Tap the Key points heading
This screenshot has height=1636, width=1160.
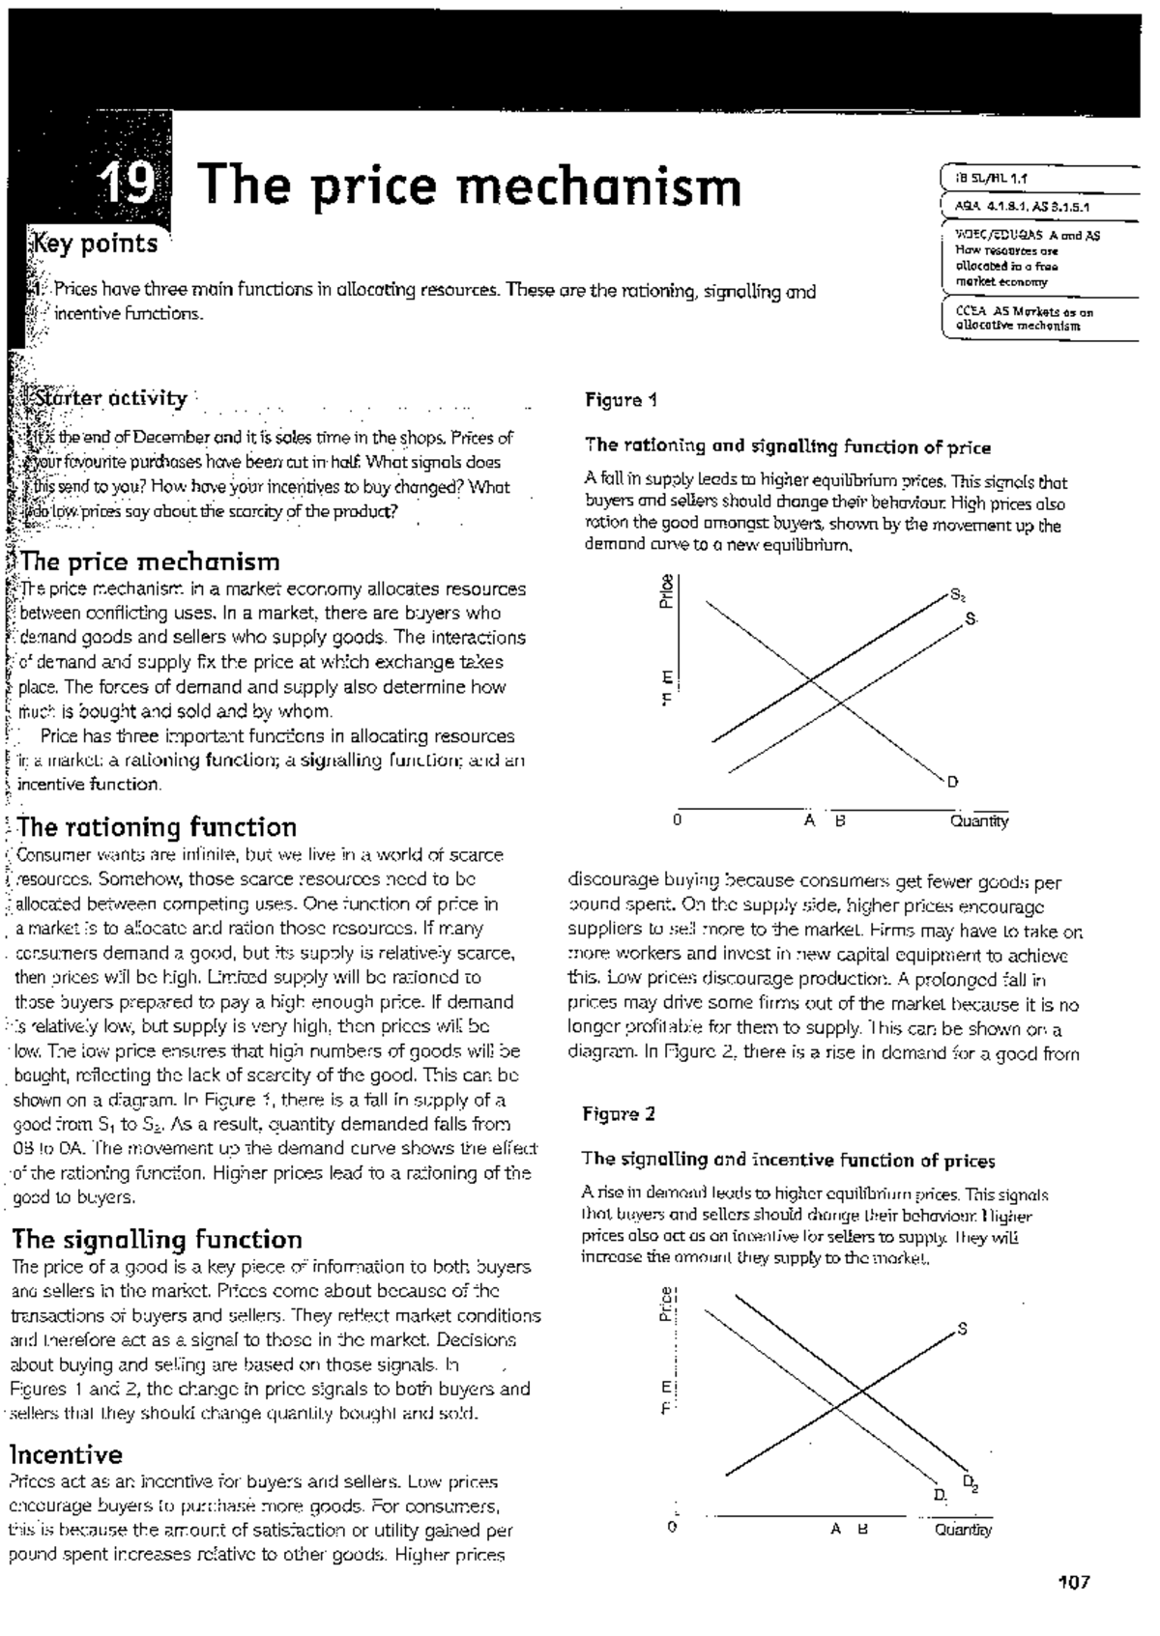point(95,244)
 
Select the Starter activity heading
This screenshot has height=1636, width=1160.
point(109,398)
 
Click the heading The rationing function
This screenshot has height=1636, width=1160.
point(157,827)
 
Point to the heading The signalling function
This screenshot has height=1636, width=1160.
point(156,1240)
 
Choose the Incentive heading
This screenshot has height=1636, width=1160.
point(66,1455)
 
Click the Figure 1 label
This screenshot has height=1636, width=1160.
point(621,400)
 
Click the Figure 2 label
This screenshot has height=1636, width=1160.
point(619,1114)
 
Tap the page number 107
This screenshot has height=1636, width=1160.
point(1074,1583)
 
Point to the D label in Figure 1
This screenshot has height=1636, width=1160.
point(952,782)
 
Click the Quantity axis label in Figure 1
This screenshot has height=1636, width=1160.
point(978,821)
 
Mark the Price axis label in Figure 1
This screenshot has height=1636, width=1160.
point(666,591)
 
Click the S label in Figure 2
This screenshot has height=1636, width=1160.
point(962,1329)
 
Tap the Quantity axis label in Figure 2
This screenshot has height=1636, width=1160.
point(962,1530)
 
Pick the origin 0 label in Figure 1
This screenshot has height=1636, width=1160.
point(678,821)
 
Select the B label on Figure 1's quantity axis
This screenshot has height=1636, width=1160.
point(840,821)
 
